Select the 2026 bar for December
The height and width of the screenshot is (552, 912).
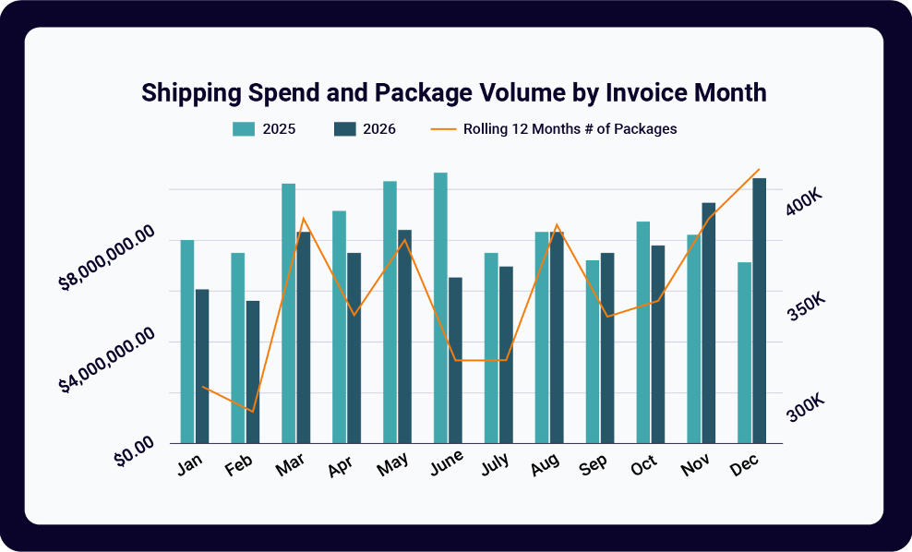point(759,310)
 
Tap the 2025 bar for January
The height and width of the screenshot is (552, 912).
point(187,342)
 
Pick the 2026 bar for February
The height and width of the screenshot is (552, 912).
point(253,372)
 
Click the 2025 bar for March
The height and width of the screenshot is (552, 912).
point(289,313)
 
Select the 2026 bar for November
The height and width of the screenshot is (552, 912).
point(708,323)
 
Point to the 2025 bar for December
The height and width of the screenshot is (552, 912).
point(744,353)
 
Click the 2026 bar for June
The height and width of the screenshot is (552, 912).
point(455,360)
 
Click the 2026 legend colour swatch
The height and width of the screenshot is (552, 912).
point(344,129)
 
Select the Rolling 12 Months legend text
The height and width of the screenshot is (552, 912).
point(570,129)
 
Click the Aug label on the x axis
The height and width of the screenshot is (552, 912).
point(545,466)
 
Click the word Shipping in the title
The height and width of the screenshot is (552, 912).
point(191,93)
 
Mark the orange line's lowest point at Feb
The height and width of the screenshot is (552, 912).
point(252,412)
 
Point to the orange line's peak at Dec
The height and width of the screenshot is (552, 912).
point(759,170)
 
